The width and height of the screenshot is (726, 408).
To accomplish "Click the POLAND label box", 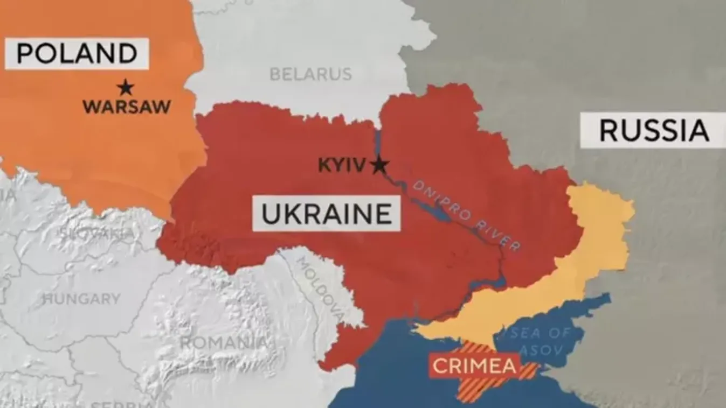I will click(x=77, y=53).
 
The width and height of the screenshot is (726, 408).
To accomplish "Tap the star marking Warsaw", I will click(x=125, y=87).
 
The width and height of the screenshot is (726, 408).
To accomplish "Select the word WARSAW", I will click(x=127, y=107).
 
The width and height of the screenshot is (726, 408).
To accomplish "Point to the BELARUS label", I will click(x=310, y=74).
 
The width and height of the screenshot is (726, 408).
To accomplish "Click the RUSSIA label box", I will click(x=653, y=131).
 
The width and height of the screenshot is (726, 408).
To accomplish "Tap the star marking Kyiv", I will click(x=379, y=165).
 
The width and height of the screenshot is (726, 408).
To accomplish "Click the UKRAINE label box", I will click(x=327, y=214).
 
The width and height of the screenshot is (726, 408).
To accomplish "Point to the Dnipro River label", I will click(x=467, y=214).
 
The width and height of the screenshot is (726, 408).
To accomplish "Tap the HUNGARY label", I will click(x=81, y=299).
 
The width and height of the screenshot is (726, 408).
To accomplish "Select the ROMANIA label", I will click(x=223, y=342).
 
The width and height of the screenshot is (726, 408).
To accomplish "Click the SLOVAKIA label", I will click(x=97, y=233).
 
